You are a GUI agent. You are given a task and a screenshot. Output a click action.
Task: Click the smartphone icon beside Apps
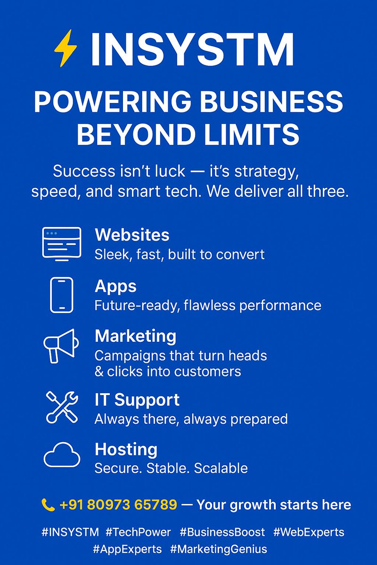pos(62,295)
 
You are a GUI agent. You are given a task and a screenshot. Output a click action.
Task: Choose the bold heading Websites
pos(132,234)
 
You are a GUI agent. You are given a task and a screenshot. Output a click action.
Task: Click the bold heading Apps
pos(115,286)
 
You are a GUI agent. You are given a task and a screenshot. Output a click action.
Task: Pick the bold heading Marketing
pos(135,336)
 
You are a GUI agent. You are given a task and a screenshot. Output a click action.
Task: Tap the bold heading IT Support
pos(137,400)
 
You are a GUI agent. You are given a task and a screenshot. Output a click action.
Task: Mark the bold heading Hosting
pos(126,449)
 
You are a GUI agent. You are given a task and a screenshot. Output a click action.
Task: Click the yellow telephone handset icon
pos(48,505)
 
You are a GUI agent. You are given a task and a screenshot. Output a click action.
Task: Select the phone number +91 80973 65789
pos(118,505)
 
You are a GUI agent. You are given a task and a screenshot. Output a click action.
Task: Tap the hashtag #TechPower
pos(138,532)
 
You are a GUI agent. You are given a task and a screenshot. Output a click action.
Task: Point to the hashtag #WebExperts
pos(309,532)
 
